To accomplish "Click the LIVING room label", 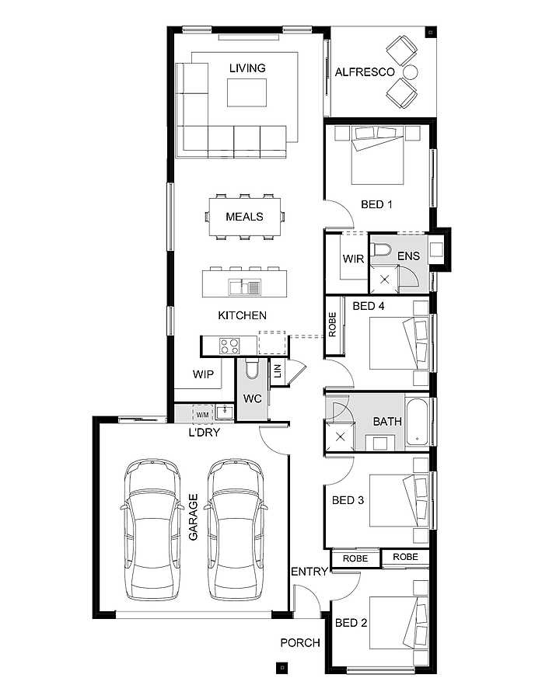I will click(247, 68).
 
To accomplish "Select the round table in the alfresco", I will click(410, 72).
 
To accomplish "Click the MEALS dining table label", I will click(244, 217).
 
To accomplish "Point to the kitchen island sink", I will click(244, 287).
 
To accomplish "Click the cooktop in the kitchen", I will click(229, 345).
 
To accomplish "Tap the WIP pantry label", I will click(203, 374).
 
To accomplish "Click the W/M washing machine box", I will click(202, 412).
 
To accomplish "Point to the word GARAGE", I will click(193, 517).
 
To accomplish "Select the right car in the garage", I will click(236, 528).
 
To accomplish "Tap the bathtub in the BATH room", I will click(416, 423).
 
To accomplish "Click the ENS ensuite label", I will click(408, 256).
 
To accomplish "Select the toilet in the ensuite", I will click(380, 250).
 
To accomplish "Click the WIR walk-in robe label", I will click(353, 259).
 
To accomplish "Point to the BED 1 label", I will click(376, 204).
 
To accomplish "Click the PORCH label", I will click(300, 642).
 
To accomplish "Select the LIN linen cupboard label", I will click(277, 371).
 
